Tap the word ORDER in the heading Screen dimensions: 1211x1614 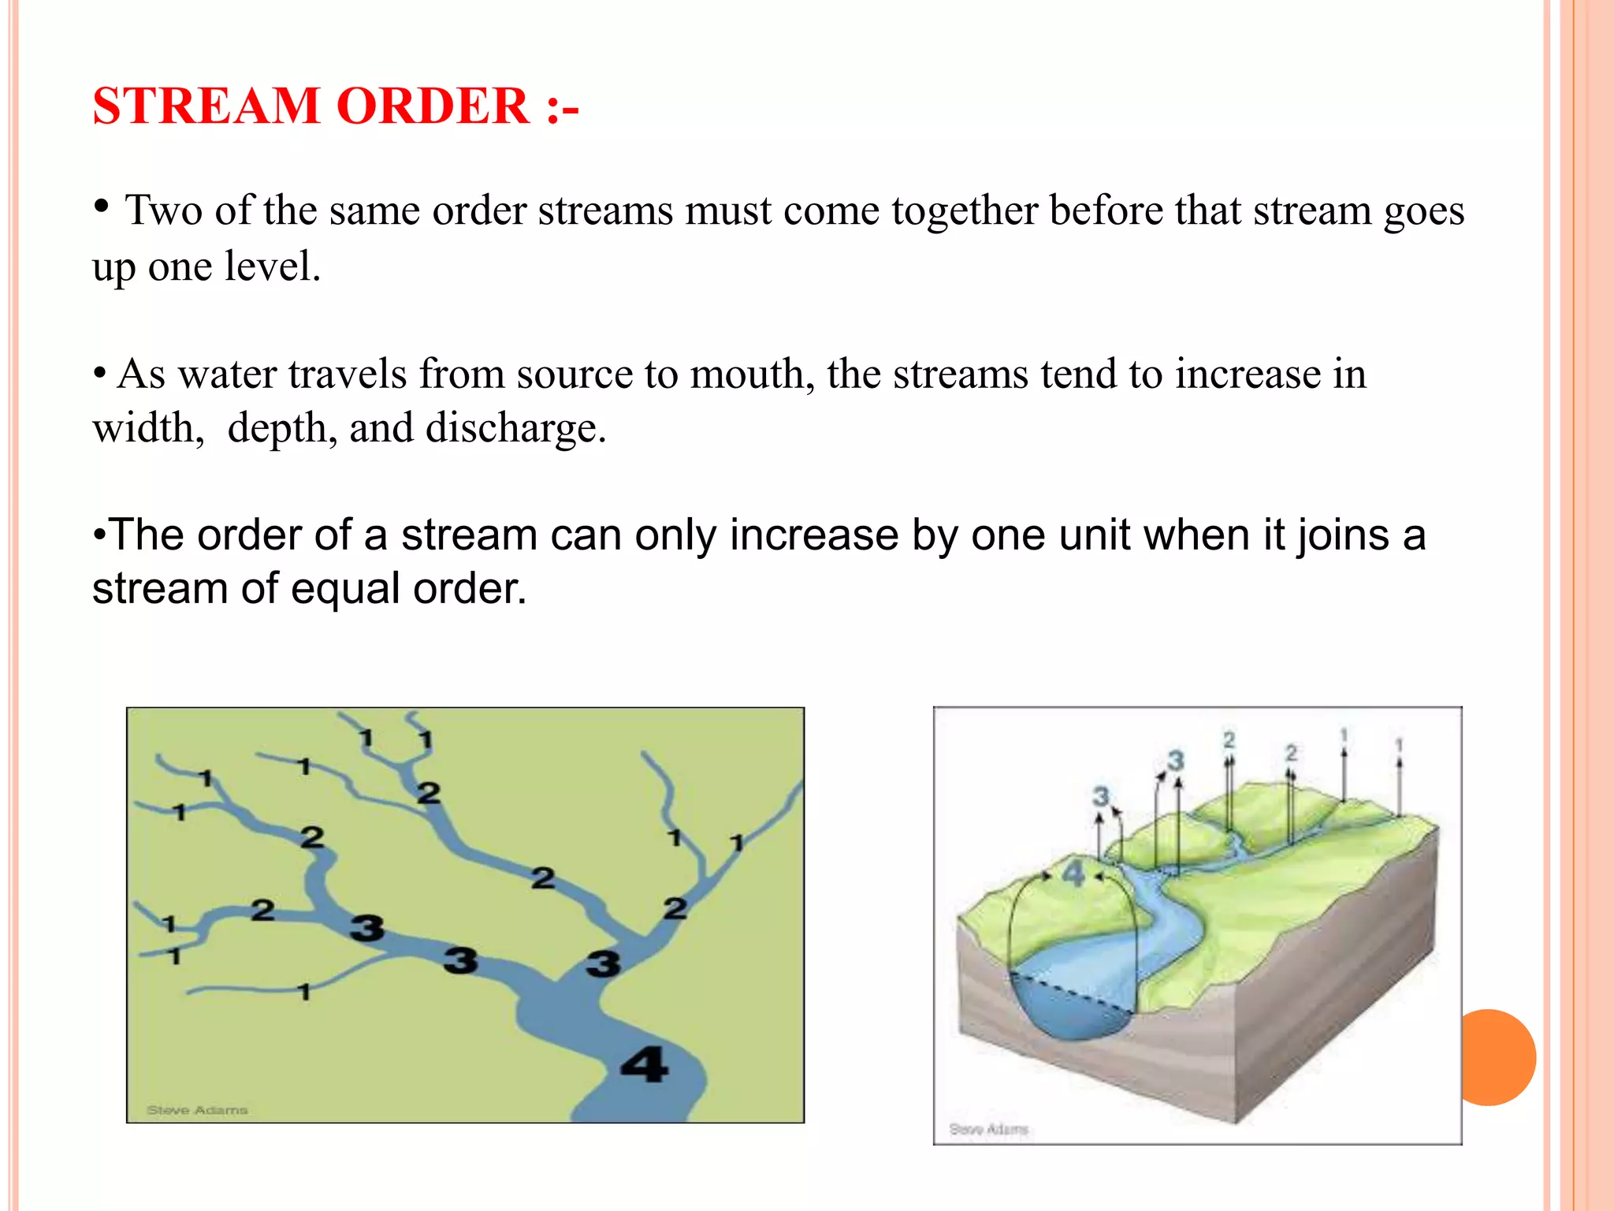[x=433, y=106]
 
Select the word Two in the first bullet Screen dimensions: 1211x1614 [x=164, y=211]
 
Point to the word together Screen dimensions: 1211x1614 [x=964, y=211]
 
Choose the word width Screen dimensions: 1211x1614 [x=147, y=428]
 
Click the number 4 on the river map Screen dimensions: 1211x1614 [x=645, y=1064]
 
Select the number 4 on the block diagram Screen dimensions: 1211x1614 [x=1073, y=874]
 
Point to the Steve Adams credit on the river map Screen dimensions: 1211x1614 [x=197, y=1110]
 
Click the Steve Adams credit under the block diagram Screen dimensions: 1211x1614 [x=988, y=1129]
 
